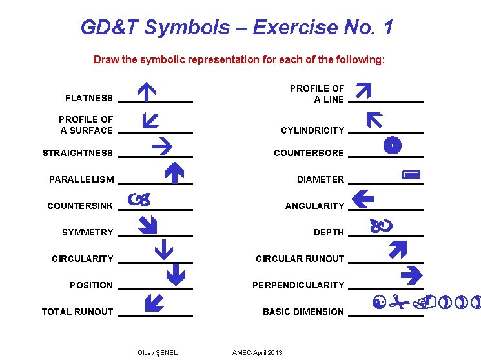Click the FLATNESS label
(89, 98)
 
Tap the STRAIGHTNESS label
(77, 153)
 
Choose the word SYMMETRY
(87, 232)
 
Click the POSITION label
(91, 285)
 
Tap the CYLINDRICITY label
(312, 130)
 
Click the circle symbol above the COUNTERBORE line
(391, 146)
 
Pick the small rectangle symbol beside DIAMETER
(411, 175)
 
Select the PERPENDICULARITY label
(298, 285)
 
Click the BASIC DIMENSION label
(303, 312)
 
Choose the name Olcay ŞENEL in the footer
(158, 352)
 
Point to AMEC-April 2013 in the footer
(257, 352)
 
